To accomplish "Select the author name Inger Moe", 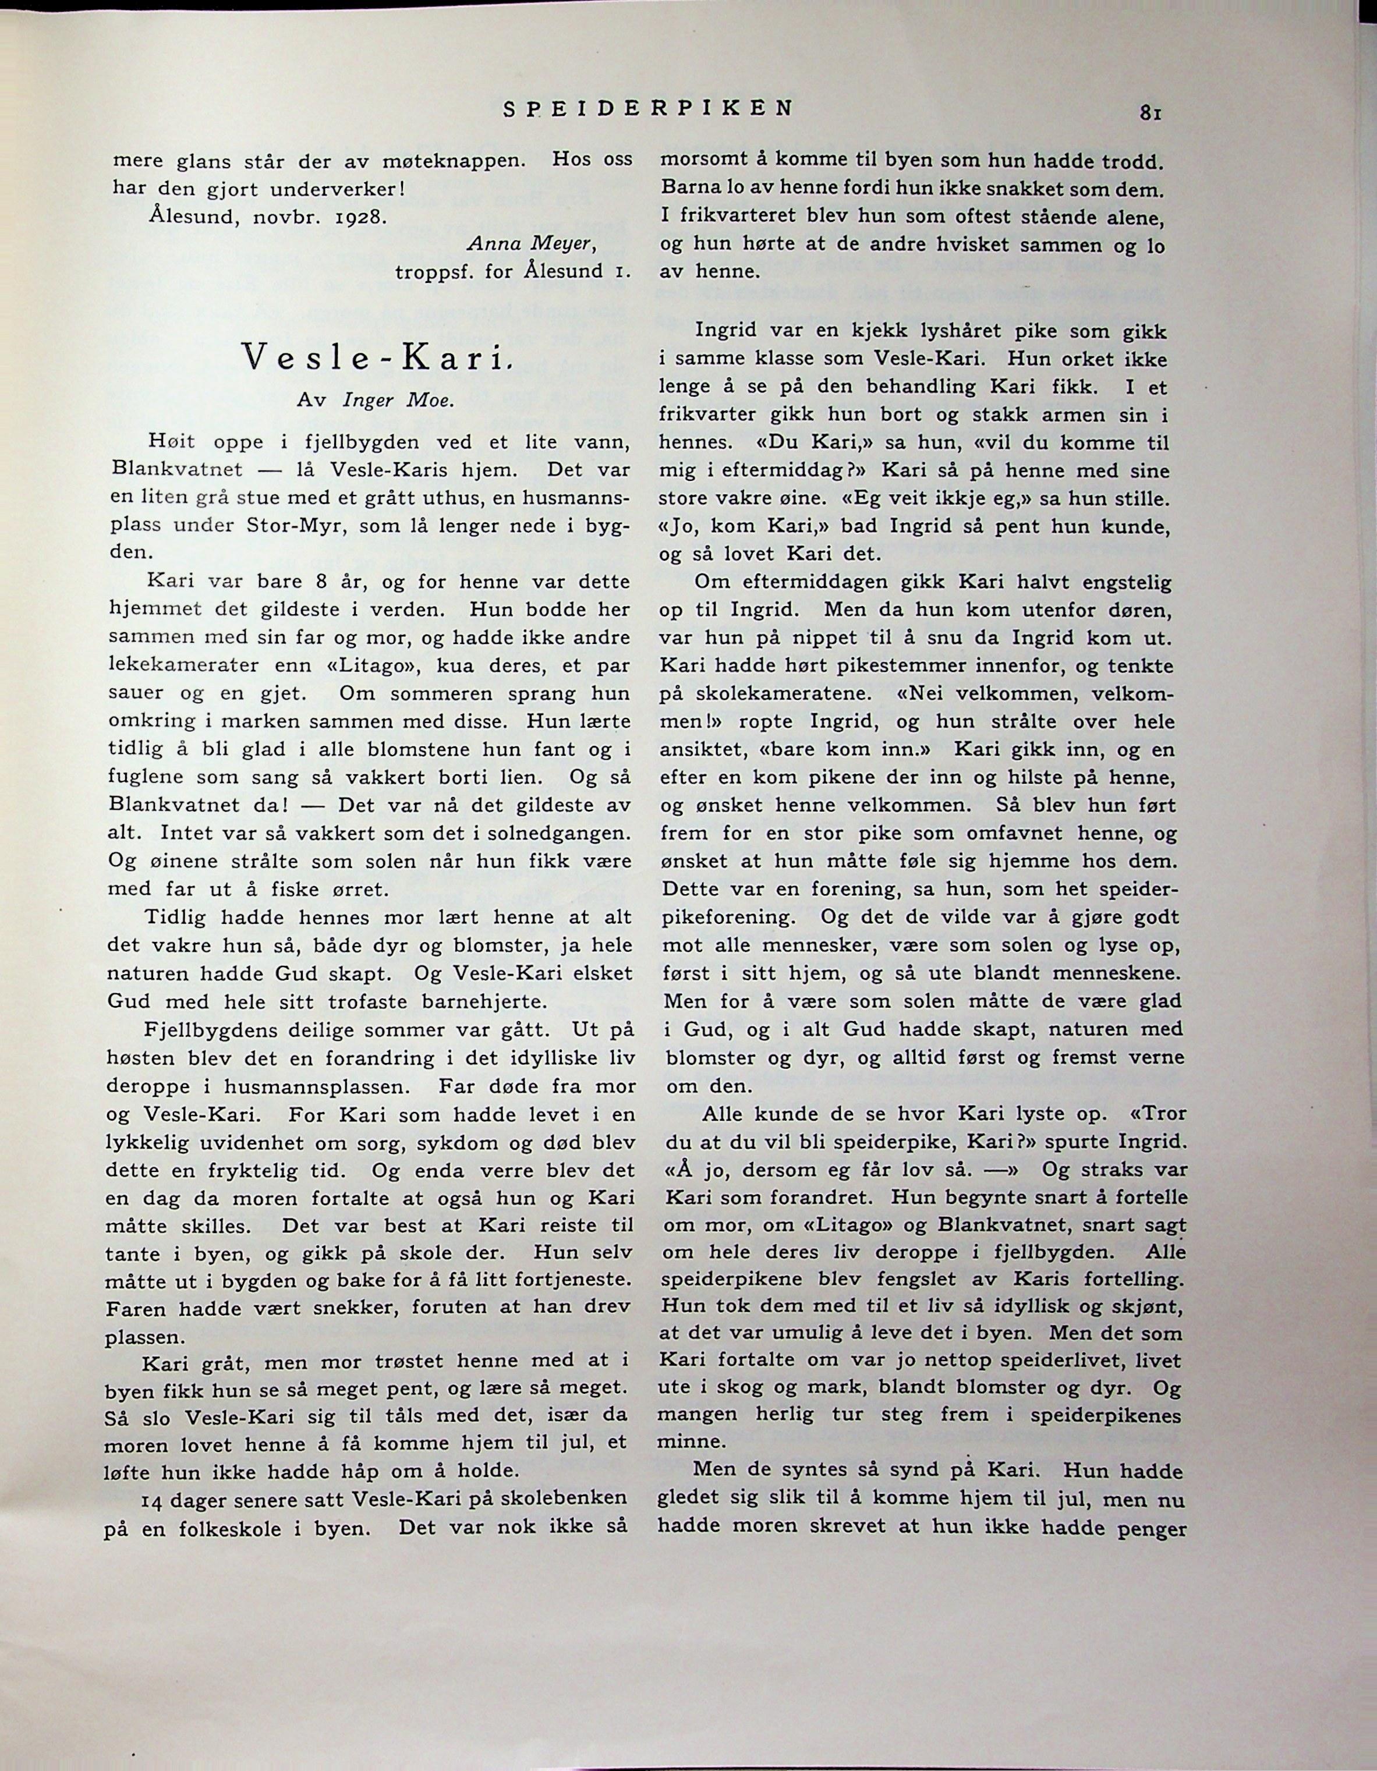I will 397,401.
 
